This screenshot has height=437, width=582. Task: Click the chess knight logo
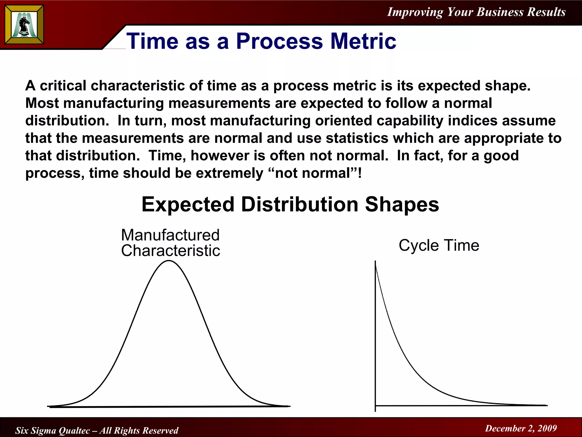point(24,25)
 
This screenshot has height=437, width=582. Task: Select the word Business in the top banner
point(500,12)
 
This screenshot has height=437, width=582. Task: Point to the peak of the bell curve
point(169,261)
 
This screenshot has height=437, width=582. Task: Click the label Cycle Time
point(439,245)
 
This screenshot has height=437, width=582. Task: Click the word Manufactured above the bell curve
point(170,235)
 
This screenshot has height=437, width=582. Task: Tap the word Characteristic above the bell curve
point(171,251)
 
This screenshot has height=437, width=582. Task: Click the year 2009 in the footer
point(547,428)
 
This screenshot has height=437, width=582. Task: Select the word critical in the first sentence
point(63,86)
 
